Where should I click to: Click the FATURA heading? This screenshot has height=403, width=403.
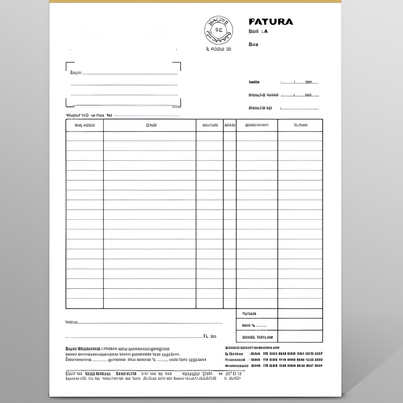[270, 22]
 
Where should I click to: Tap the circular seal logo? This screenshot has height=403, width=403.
[218, 30]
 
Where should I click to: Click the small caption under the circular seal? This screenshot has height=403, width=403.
[218, 49]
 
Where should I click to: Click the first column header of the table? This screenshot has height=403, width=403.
[85, 125]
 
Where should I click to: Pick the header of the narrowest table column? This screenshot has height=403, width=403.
[230, 125]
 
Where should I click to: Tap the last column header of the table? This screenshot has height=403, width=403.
[300, 125]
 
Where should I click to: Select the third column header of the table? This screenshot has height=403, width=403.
[210, 125]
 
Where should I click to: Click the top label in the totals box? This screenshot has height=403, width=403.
[249, 314]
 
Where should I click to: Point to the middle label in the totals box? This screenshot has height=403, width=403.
[254, 325]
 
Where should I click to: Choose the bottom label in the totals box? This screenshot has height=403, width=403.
[257, 337]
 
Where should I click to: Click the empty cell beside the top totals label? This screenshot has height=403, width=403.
[300, 314]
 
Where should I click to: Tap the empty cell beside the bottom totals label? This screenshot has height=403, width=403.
[300, 337]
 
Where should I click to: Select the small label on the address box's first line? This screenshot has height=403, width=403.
[76, 73]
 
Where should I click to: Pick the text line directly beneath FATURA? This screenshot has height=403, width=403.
[258, 31]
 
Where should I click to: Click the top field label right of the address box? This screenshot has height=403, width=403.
[254, 82]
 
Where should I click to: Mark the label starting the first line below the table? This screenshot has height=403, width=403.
[71, 322]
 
